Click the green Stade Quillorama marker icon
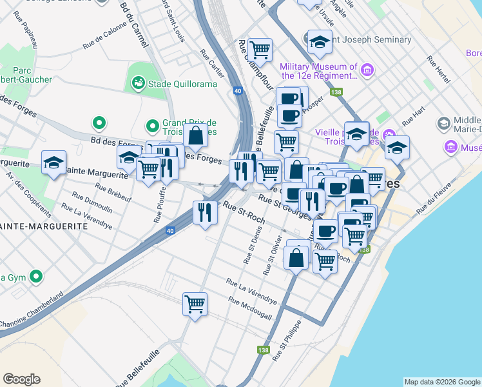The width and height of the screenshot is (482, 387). [x=137, y=83]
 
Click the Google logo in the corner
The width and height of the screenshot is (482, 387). [x=21, y=379]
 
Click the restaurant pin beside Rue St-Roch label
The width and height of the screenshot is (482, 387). [x=204, y=212]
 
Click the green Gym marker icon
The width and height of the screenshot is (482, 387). [x=37, y=277]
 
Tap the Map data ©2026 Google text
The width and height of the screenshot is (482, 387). [x=441, y=382]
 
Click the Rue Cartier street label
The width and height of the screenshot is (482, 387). [x=212, y=64]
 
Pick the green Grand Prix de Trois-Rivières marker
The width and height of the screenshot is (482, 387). [x=153, y=126]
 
